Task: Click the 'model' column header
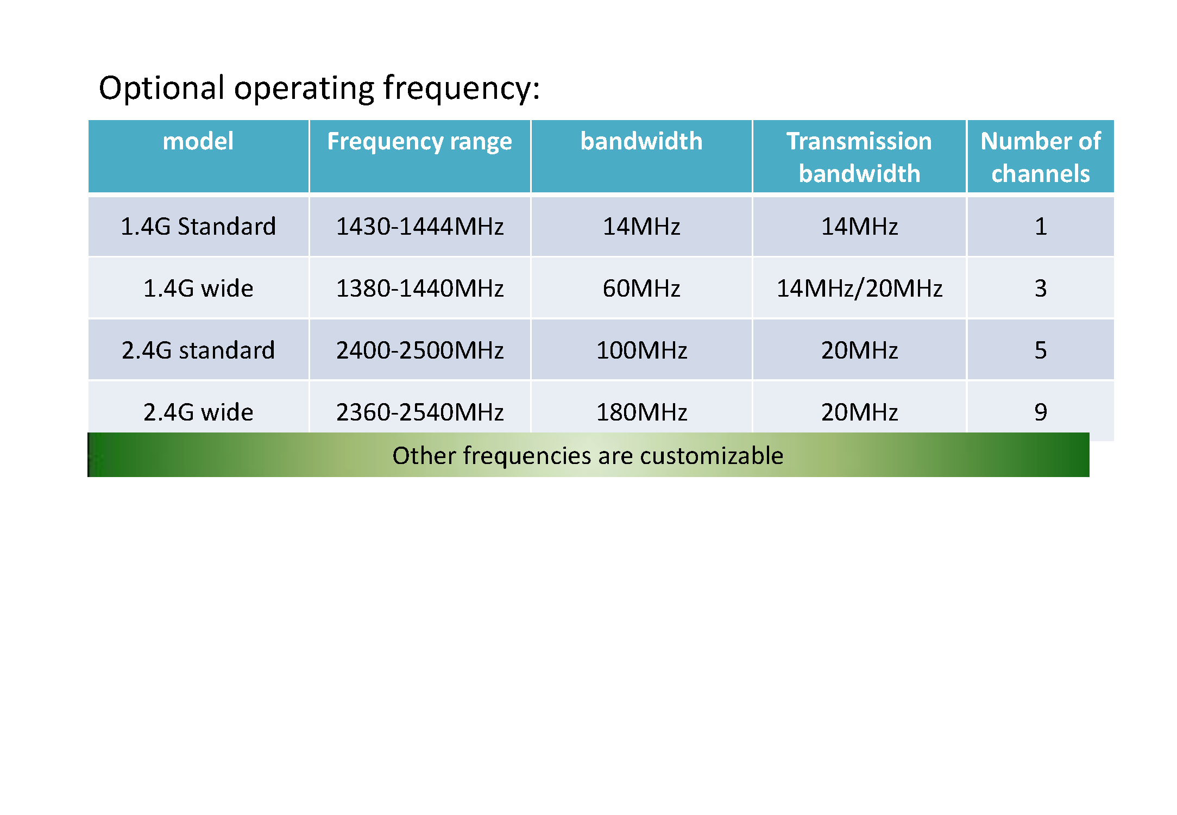pos(198,141)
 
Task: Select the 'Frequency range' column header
pos(419,142)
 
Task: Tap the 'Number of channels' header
pos(1040,157)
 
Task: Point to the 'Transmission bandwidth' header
pos(859,157)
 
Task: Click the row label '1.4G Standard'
pos(198,226)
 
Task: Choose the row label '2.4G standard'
pos(198,350)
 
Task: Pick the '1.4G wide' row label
pos(198,288)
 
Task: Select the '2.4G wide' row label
pos(198,412)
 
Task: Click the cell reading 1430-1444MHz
pos(420,226)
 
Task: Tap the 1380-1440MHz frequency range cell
pos(420,288)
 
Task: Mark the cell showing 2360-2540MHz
pos(420,412)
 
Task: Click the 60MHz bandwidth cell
pos(641,288)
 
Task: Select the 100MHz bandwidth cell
pos(641,350)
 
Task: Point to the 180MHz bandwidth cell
pos(641,412)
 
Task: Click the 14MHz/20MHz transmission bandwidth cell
pos(859,288)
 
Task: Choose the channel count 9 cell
pos(1041,412)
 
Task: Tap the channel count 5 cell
pos(1041,350)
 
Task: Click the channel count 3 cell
pos(1041,288)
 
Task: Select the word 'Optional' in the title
pos(161,88)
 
